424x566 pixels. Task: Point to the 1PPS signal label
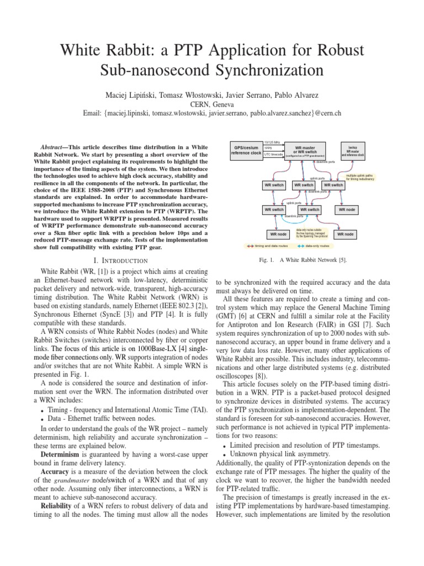click(268, 148)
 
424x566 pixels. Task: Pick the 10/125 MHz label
click(272, 142)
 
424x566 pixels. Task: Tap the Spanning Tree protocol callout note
click(312, 233)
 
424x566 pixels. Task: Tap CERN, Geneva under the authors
click(212, 103)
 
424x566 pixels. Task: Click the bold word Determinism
click(57, 454)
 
